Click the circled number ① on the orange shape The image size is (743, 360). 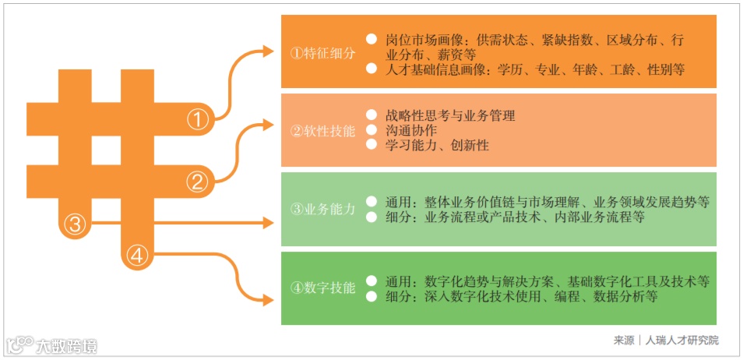(198, 119)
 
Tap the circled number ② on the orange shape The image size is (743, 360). (198, 182)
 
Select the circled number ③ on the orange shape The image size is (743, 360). (74, 224)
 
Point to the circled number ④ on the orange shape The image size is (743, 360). (137, 256)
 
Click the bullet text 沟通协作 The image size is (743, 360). (410, 130)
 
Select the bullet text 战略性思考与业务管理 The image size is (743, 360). (449, 115)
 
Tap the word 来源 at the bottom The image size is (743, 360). (623, 341)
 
